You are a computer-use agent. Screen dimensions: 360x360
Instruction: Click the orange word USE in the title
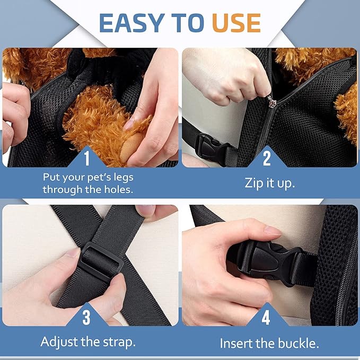pos(236,23)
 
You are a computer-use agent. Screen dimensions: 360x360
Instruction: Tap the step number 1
pos(86,158)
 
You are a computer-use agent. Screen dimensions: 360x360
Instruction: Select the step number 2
pos(267,158)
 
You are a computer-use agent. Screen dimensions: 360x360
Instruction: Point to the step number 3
pos(86,318)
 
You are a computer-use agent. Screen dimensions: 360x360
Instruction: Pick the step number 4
pos(266,318)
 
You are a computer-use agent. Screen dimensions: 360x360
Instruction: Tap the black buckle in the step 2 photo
pos(213,147)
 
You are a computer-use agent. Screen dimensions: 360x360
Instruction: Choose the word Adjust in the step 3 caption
pos(59,342)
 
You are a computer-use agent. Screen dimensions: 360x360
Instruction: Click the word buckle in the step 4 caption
pos(298,344)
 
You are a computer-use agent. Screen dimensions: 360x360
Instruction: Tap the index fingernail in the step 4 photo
pos(273,230)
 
